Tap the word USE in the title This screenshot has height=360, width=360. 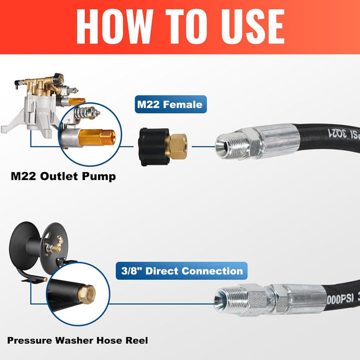[x=245, y=27]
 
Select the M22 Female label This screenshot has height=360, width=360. [x=169, y=105]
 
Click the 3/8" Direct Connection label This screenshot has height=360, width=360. [x=181, y=271]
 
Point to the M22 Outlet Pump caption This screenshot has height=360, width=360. [x=63, y=176]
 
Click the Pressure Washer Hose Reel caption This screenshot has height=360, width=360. [x=78, y=341]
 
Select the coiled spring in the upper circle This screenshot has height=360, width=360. [x=86, y=115]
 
